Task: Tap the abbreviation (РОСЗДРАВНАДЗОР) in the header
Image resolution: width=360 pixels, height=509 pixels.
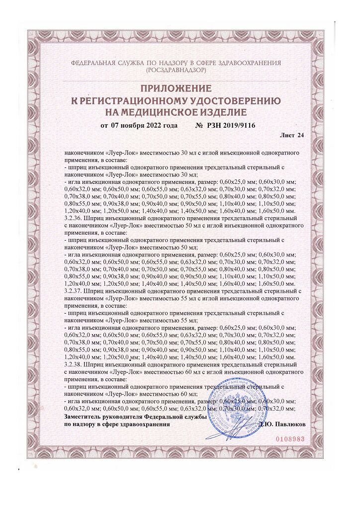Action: [x=176, y=71]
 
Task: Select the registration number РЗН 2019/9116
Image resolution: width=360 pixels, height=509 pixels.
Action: [x=234, y=125]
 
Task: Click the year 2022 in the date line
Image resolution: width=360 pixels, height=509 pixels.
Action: [x=152, y=125]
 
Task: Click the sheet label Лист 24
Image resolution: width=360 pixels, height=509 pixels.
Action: [x=292, y=135]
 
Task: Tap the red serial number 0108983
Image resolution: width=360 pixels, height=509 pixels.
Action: [x=289, y=440]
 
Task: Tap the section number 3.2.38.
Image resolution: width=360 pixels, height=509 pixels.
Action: [x=74, y=365]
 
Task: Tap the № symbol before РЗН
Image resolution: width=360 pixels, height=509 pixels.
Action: [x=199, y=125]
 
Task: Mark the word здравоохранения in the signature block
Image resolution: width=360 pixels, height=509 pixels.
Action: [x=145, y=425]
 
